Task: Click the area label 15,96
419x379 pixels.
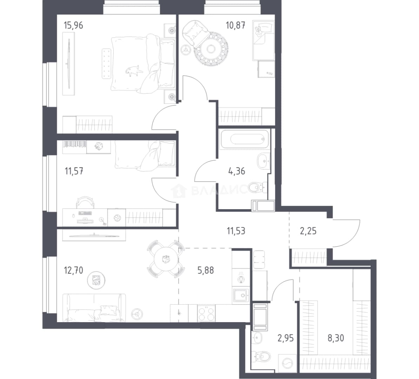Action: pyautogui.click(x=73, y=25)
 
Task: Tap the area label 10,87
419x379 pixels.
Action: pyautogui.click(x=235, y=25)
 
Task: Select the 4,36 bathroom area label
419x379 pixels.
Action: pyautogui.click(x=237, y=171)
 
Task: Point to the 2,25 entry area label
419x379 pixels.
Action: pyautogui.click(x=308, y=231)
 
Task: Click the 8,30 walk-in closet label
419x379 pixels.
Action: pyautogui.click(x=336, y=338)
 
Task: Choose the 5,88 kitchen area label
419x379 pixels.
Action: pyautogui.click(x=206, y=270)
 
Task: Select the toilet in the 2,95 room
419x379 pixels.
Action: pyautogui.click(x=261, y=356)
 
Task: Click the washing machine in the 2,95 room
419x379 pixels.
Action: pyautogui.click(x=287, y=363)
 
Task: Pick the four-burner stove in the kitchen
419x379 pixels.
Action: pyautogui.click(x=206, y=313)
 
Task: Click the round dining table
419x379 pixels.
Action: pyautogui.click(x=166, y=259)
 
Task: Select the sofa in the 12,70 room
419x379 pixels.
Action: pyautogui.click(x=94, y=308)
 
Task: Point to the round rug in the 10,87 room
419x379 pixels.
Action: pyautogui.click(x=211, y=49)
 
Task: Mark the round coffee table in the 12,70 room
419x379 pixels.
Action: pyautogui.click(x=96, y=280)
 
